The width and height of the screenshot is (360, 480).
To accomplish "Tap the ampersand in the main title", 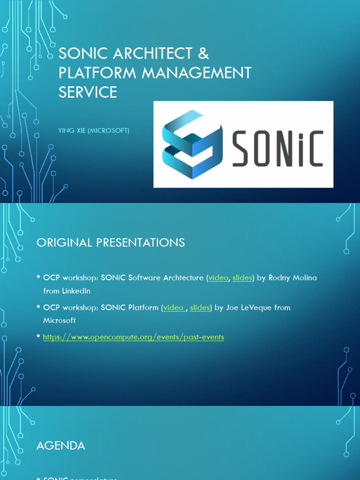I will click(203, 53).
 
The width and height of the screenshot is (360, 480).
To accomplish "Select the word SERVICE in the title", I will click(88, 92).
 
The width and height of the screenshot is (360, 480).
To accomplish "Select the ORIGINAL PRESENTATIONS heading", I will click(111, 242).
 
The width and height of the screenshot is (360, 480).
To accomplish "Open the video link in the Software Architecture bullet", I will click(218, 277).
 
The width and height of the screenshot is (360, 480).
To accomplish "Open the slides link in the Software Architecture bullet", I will click(242, 277).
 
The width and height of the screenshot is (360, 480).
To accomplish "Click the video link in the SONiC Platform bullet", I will click(173, 307).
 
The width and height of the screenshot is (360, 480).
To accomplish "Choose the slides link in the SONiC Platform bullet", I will click(200, 307).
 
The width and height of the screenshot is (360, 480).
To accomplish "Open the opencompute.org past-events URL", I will click(134, 337).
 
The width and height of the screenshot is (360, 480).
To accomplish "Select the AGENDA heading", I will click(61, 446).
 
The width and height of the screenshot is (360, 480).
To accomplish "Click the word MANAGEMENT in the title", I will click(197, 73).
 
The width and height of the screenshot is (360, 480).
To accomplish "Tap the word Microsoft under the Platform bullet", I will click(60, 321).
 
